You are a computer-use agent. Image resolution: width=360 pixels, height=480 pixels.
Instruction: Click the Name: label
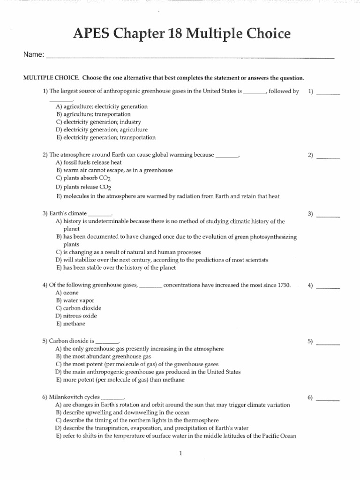(34, 55)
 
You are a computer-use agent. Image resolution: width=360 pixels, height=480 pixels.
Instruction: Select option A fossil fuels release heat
(89, 162)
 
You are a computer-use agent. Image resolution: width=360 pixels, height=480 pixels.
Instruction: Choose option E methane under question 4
(70, 323)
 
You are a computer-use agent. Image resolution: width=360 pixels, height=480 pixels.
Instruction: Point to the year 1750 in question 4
(283, 285)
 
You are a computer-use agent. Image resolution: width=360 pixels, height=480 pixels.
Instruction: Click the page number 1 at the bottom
(180, 453)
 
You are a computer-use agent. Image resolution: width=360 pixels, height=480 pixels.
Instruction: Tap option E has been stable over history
(115, 268)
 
